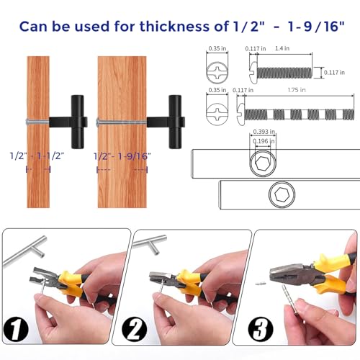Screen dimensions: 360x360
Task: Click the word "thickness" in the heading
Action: [174, 26]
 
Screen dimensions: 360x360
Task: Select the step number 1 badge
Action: [16, 329]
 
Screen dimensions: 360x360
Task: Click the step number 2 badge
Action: [134, 330]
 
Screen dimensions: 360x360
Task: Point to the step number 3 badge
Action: [261, 329]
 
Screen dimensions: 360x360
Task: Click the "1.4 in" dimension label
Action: [282, 48]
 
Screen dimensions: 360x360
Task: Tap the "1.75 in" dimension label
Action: [297, 90]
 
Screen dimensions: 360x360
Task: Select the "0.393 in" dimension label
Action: [264, 132]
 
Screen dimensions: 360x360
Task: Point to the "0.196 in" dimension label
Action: [264, 141]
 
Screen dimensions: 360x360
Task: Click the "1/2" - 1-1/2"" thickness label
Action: [37, 156]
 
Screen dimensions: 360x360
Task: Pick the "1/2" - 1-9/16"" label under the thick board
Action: [122, 156]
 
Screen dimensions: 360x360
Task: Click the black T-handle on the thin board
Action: [70, 122]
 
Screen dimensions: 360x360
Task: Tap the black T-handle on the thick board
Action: [167, 122]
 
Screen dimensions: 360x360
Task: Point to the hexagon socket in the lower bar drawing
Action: [282, 194]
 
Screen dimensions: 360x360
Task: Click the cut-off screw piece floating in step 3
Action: [261, 284]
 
